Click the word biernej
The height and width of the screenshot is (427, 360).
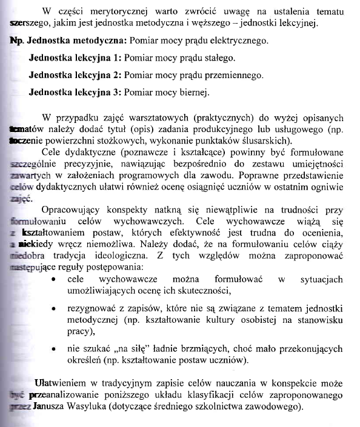tap(193, 93)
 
